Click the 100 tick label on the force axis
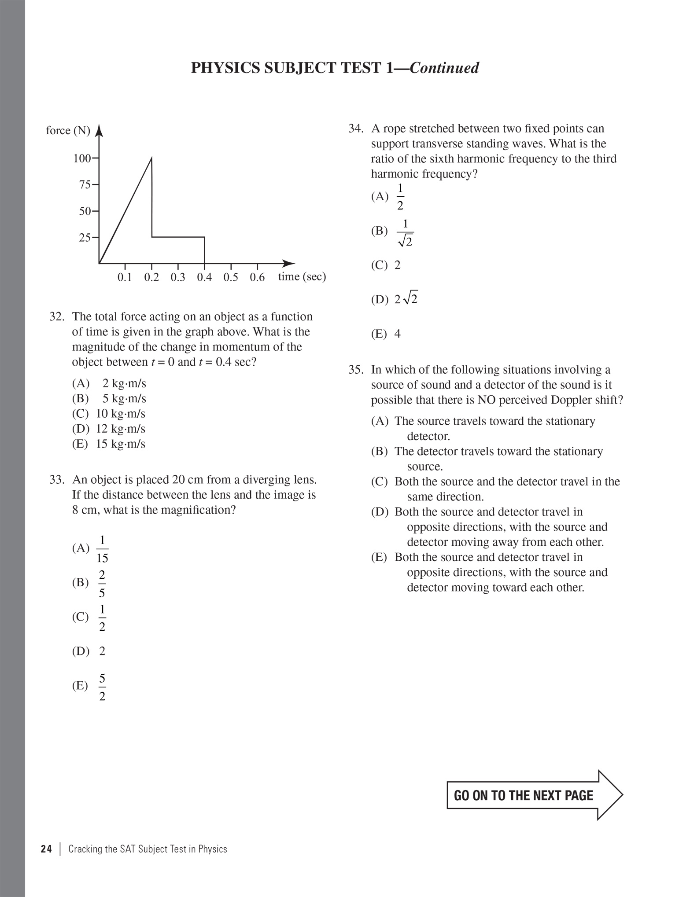click(81, 158)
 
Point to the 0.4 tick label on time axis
click(204, 277)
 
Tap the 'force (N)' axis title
click(68, 131)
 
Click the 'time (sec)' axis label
click(302, 277)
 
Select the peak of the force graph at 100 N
click(151, 158)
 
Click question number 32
click(57, 317)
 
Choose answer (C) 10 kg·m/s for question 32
click(109, 414)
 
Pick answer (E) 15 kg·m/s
click(109, 444)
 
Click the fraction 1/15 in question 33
click(102, 549)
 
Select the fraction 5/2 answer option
click(102, 687)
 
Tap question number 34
click(356, 129)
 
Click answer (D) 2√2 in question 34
click(395, 300)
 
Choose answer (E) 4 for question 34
click(386, 334)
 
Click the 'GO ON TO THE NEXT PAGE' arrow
click(534, 795)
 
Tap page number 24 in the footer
click(46, 849)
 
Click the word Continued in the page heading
click(444, 68)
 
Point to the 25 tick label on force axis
click(85, 238)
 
